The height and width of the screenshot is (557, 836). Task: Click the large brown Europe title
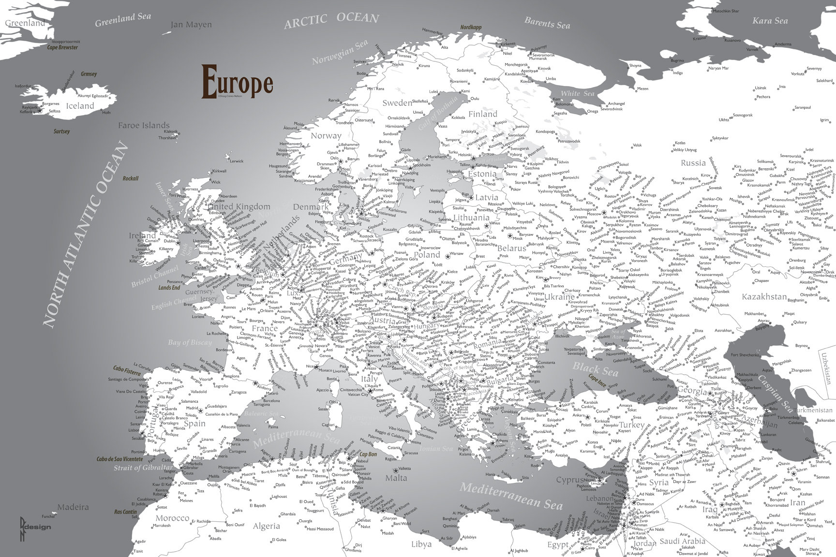tap(237, 82)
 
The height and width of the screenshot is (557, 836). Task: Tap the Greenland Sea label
tap(123, 20)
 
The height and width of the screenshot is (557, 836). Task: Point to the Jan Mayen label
tap(191, 25)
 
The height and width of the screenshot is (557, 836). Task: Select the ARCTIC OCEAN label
tap(331, 20)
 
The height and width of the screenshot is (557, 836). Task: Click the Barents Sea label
tap(547, 23)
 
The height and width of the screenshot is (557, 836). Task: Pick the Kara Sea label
tap(770, 21)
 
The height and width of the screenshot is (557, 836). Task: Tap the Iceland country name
tap(80, 106)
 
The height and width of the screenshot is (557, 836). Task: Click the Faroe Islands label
tap(144, 126)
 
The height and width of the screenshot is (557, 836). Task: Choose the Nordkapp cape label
tap(471, 28)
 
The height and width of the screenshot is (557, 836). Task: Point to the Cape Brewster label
tap(62, 47)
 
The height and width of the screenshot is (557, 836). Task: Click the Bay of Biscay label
tap(190, 342)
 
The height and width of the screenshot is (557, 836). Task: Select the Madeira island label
tap(73, 507)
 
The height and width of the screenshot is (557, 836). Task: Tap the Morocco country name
tap(172, 518)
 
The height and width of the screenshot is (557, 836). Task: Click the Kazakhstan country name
tap(764, 296)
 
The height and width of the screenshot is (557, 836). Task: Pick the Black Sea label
tap(595, 369)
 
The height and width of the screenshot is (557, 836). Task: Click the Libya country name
tap(421, 544)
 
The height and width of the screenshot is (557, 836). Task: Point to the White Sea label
tap(577, 93)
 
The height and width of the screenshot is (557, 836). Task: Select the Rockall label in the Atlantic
tap(130, 178)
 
